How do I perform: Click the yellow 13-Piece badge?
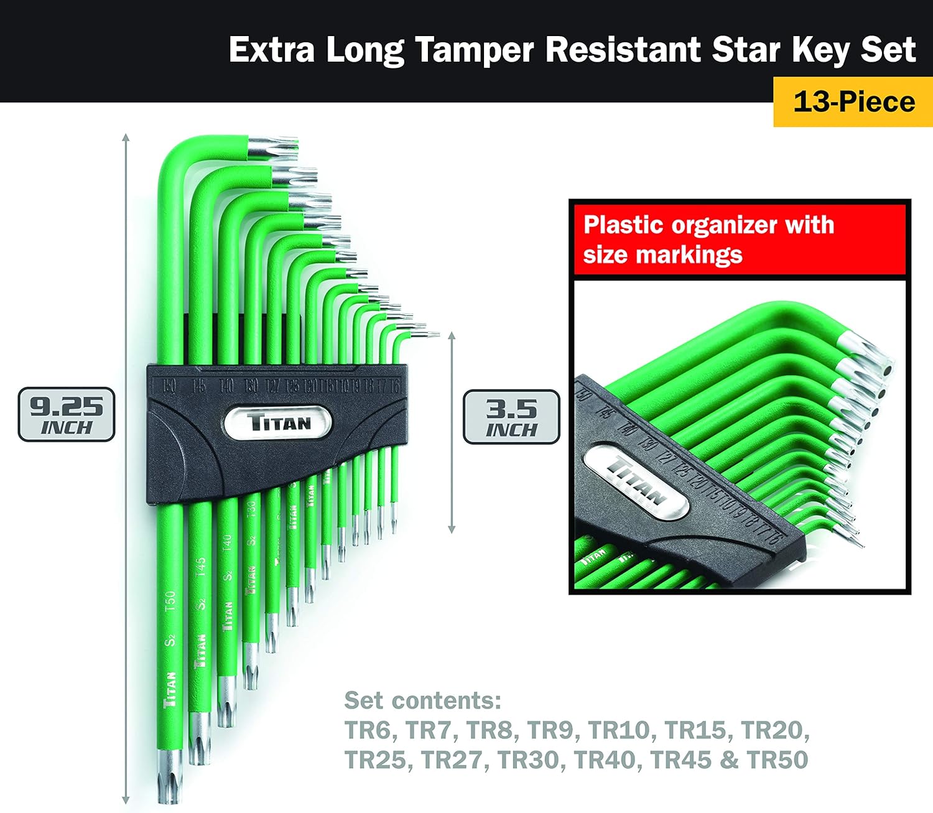pos(853,101)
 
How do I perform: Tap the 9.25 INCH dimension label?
pos(67,415)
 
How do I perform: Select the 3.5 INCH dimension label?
pos(511,417)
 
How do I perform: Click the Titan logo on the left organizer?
pos(278,422)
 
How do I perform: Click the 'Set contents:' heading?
pos(422,700)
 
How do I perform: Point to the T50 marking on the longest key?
pos(170,602)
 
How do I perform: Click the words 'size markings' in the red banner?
pos(662,255)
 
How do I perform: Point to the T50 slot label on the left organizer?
pos(168,386)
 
